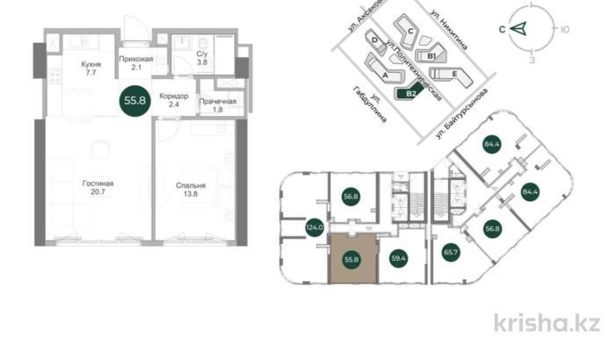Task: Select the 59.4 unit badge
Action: [400, 259]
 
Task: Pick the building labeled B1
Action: [431, 55]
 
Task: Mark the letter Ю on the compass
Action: [565, 29]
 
